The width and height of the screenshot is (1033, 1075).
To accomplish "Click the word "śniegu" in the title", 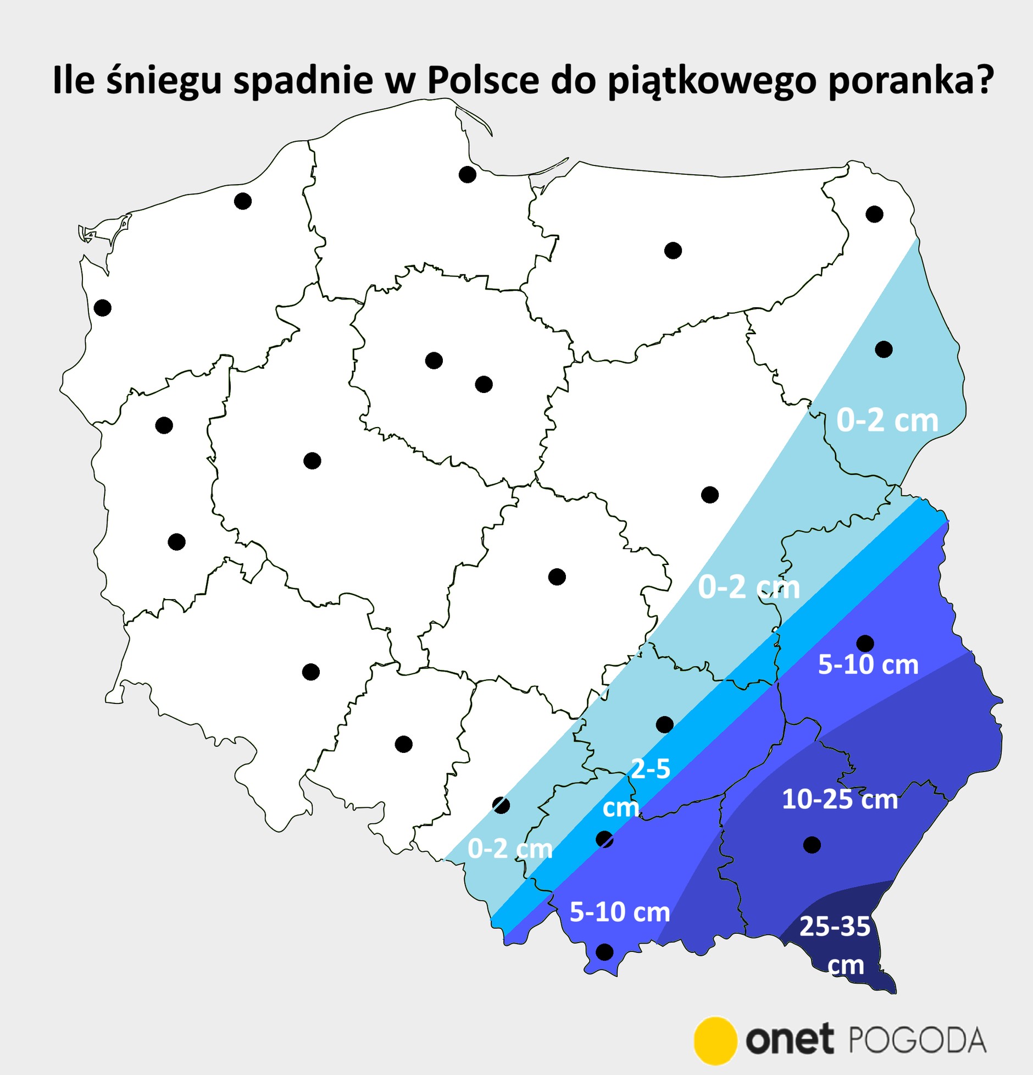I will coord(164,80).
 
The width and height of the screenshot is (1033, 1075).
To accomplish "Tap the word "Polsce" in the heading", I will coord(483,80).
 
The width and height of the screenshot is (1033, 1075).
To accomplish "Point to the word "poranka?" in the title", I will coord(910,80).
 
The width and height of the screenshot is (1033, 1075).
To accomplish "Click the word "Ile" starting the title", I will coord(73,80).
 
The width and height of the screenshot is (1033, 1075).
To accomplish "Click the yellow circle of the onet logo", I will coord(715,1040).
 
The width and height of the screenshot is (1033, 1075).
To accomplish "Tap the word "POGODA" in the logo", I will coord(917,1041).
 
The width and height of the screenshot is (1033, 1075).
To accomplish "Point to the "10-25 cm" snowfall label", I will coord(840,800).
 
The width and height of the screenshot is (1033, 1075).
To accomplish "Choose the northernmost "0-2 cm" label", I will coord(887,421).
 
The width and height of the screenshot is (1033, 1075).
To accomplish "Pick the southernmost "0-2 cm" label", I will coord(509,849).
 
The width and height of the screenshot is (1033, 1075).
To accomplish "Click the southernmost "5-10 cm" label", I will coord(619,912).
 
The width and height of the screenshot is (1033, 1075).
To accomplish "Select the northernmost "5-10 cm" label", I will coord(868,665).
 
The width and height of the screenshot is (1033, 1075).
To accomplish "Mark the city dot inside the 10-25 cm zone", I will coord(812,845).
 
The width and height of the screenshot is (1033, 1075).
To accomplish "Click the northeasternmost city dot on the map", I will coord(874,214).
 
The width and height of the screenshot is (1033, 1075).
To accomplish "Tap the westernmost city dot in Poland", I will coord(103,308).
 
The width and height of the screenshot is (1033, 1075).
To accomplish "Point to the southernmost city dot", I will coord(604,952).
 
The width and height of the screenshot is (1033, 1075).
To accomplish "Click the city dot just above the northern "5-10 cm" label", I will coord(865,643).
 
